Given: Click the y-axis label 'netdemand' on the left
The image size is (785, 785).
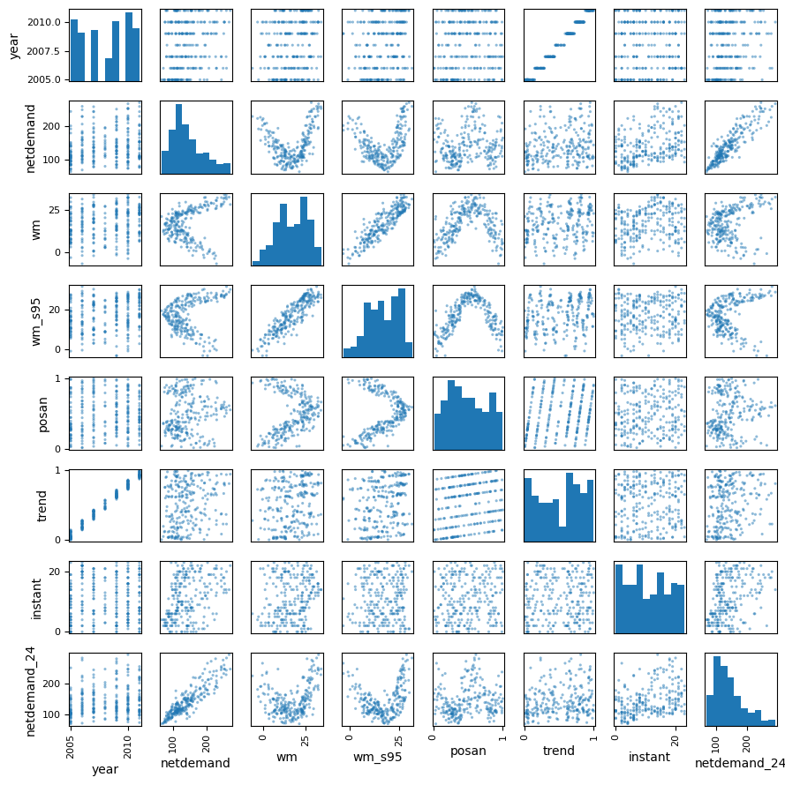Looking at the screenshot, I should pyautogui.click(x=31, y=137).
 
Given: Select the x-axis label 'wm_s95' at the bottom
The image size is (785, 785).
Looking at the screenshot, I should pyautogui.click(x=377, y=763).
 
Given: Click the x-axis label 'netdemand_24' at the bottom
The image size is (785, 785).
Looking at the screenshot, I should pyautogui.click(x=740, y=763).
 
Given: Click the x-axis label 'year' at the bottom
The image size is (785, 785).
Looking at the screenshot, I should pyautogui.click(x=105, y=769).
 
